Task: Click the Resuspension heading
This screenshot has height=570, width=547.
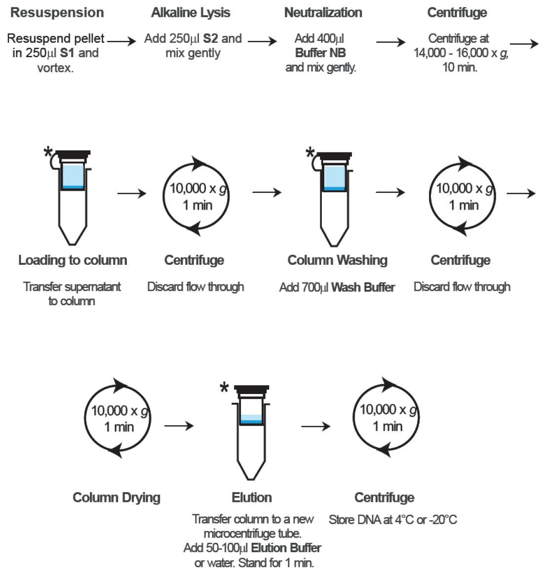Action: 57,13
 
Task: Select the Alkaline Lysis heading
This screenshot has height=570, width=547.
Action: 191,13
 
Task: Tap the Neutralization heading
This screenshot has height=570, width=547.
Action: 323,13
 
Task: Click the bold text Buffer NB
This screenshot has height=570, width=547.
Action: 320,53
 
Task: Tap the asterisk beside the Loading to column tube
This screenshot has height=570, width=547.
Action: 48,151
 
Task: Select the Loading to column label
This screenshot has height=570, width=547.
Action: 73,260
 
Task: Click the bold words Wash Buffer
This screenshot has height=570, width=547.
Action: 363,287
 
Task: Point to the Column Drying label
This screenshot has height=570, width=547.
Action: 117,498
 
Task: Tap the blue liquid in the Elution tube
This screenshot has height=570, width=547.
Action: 251,420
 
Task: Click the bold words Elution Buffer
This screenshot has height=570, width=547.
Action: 286,548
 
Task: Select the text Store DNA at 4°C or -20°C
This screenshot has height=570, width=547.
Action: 392,520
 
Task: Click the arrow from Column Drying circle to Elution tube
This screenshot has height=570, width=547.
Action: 179,426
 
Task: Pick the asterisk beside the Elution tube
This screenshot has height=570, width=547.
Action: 224,388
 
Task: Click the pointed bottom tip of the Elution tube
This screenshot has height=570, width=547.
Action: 251,476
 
